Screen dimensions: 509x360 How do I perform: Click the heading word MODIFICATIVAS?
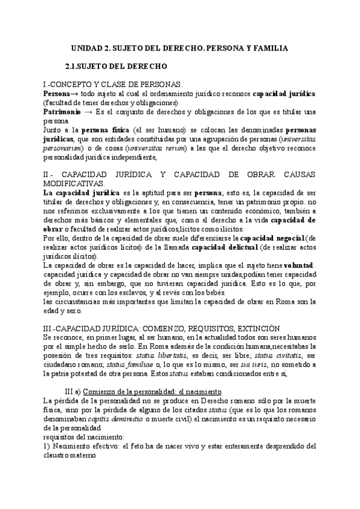pyautogui.click(x=74, y=183)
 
